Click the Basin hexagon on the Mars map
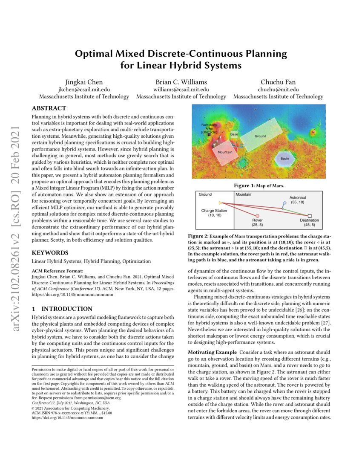[x=284, y=159]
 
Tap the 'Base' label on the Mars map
[x=234, y=134]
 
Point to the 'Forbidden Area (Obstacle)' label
[x=209, y=129]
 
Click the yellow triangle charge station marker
[x=220, y=203]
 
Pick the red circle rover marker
[x=257, y=216]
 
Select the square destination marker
[x=310, y=216]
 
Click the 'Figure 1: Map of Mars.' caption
[x=259, y=186]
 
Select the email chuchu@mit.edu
[x=279, y=90]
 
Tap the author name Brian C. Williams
[x=181, y=82]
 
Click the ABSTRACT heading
[x=49, y=108]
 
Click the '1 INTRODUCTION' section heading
[x=62, y=309]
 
